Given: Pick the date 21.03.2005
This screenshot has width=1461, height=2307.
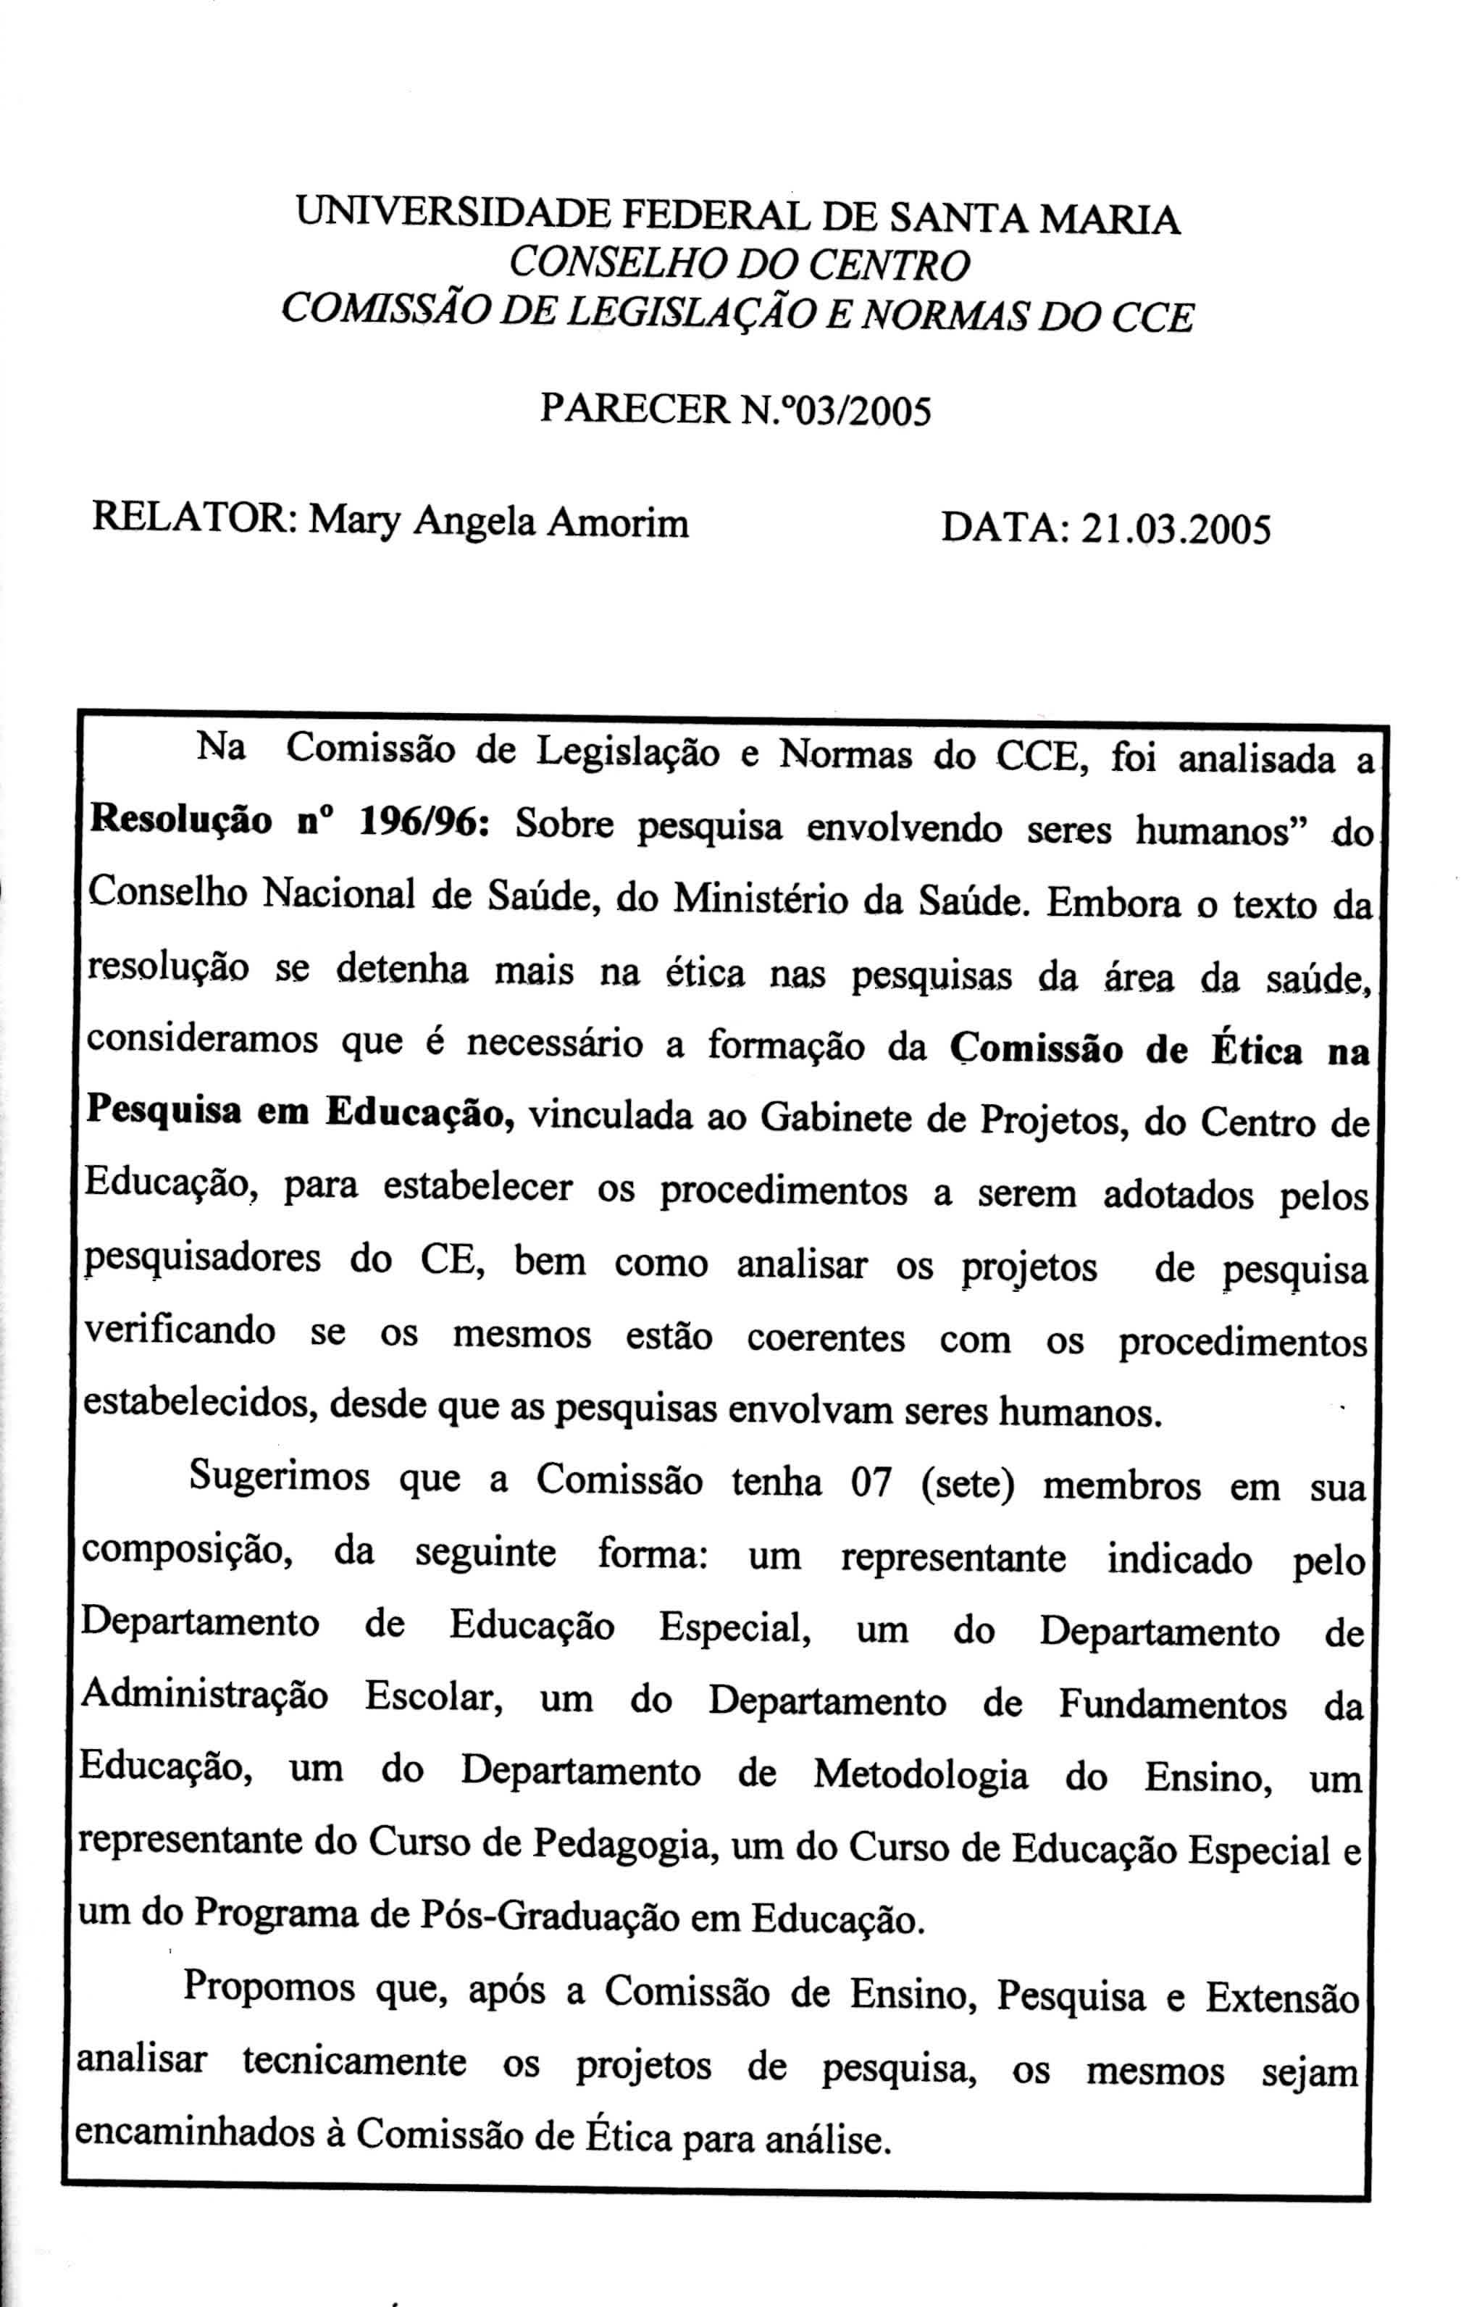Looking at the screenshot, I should point(1176,528).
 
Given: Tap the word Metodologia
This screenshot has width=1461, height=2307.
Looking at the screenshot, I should point(921,1774).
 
